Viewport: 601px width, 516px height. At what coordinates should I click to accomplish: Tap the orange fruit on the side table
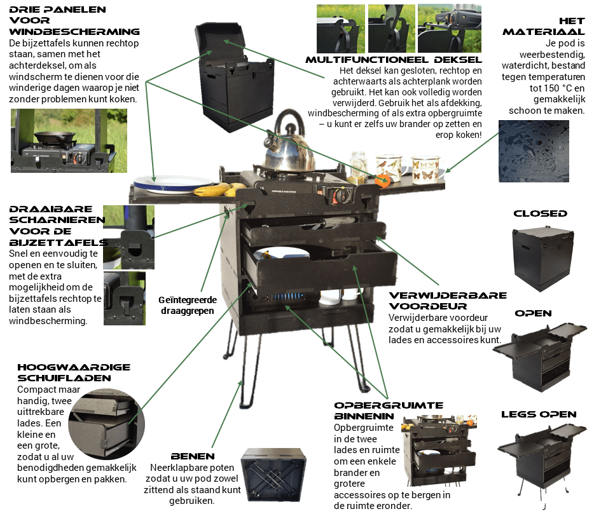[x=382, y=180]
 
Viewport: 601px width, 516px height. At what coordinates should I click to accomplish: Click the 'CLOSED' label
[x=540, y=214]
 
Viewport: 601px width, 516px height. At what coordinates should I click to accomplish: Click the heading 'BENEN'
[x=193, y=456]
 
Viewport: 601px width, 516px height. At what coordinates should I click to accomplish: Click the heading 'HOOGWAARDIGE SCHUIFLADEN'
[x=73, y=372]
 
